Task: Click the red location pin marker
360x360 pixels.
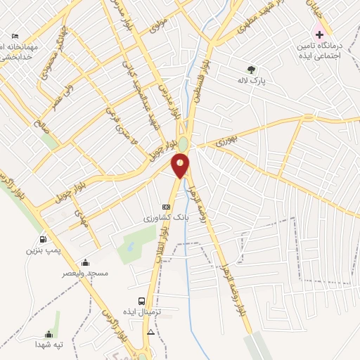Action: [x=181, y=166]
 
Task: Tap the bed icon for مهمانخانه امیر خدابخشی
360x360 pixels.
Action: [x=15, y=36]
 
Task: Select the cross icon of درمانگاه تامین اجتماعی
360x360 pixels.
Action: [x=319, y=33]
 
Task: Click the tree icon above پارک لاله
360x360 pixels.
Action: [x=252, y=69]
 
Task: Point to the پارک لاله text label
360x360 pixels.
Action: [x=252, y=81]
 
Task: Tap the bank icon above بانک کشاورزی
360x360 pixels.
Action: [x=166, y=207]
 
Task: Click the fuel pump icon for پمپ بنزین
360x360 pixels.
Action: [x=44, y=238]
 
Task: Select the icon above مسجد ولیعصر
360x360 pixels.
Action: [x=86, y=262]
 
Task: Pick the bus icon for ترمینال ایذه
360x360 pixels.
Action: [x=142, y=300]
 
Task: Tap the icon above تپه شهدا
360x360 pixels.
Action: [x=49, y=334]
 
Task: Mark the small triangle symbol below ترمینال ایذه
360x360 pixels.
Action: [x=150, y=331]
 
